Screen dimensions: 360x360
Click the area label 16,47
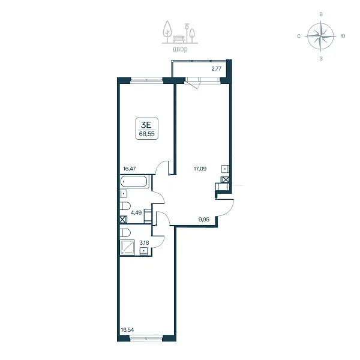[x=130, y=169]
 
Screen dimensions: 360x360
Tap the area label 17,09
[x=200, y=169]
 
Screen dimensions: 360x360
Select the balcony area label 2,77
[x=216, y=68]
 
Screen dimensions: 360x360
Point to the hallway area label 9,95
[x=204, y=219]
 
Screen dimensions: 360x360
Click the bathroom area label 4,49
[x=136, y=212]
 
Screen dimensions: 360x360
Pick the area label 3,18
[x=145, y=242]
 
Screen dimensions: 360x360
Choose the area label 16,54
[x=127, y=330]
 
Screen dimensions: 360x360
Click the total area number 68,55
[x=147, y=134]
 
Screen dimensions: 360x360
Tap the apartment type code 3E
[x=146, y=125]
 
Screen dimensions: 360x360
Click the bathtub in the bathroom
[x=134, y=182]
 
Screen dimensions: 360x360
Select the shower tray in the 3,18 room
[x=127, y=247]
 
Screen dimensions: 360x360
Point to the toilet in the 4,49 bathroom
[x=125, y=206]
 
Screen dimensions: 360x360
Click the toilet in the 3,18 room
[x=125, y=233]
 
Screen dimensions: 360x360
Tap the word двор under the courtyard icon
[x=180, y=49]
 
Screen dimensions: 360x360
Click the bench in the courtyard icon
[x=179, y=39]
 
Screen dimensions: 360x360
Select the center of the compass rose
[x=320, y=36]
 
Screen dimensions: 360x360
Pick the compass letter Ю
[x=343, y=36]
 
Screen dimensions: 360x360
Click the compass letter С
[x=299, y=36]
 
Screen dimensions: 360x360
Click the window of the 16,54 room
[x=146, y=338]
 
